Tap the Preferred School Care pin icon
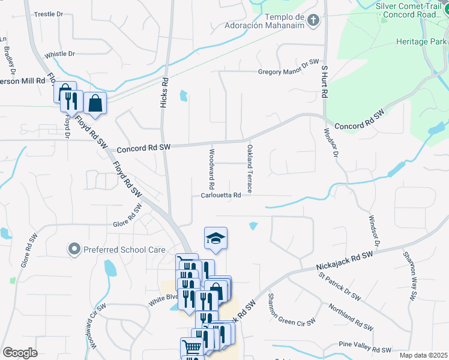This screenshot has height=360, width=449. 74,248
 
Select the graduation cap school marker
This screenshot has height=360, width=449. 215,238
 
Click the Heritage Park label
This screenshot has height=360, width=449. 421,41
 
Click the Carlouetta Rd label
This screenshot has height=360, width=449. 221,195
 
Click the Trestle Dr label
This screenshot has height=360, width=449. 49,13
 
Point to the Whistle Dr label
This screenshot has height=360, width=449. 59,53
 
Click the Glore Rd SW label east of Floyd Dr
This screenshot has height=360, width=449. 128,217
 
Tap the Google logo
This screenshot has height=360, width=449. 20,353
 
